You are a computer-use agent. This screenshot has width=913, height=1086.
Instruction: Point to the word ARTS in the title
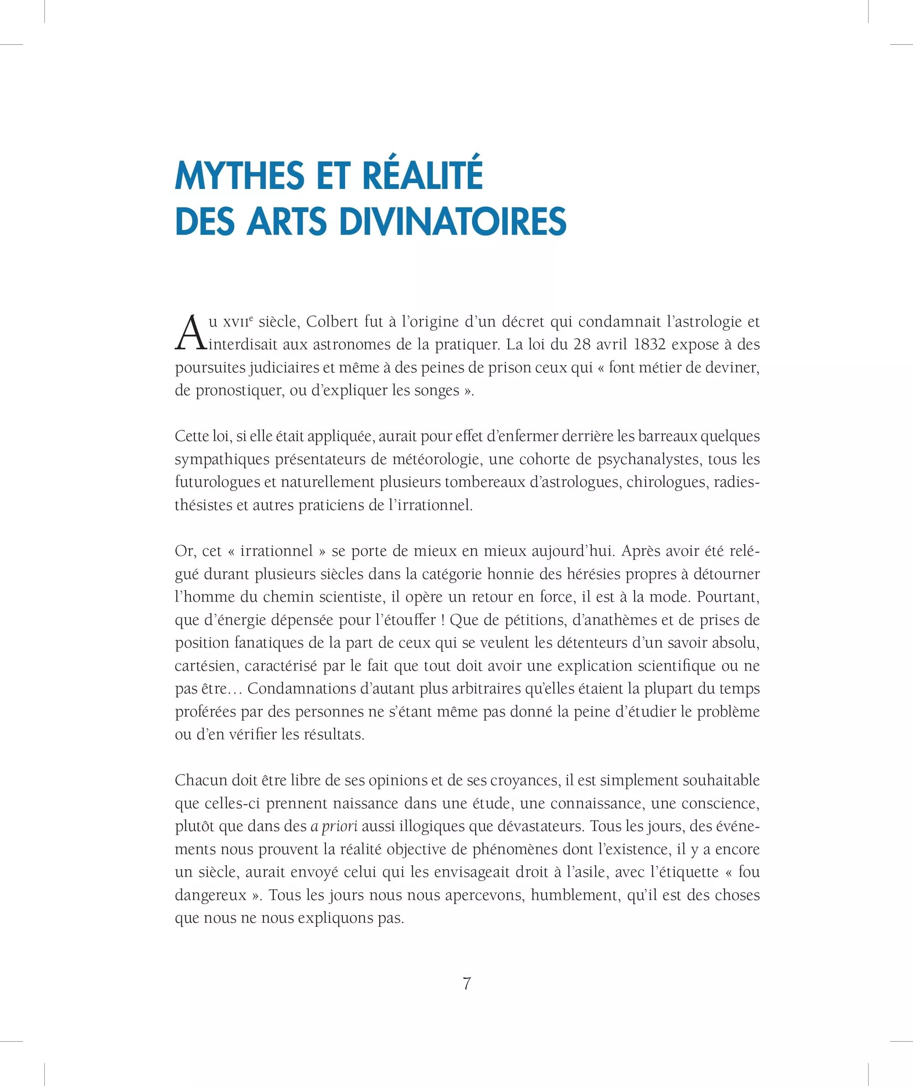pyautogui.click(x=286, y=221)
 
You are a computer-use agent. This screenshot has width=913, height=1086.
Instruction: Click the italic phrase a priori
pyautogui.click(x=334, y=826)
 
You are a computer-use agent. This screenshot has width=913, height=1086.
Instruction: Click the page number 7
pyautogui.click(x=467, y=983)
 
